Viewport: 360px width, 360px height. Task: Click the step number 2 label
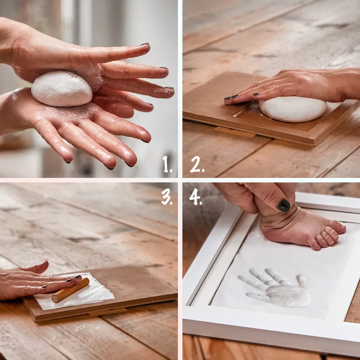[x=197, y=164]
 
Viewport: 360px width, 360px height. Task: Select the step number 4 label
[x=195, y=197]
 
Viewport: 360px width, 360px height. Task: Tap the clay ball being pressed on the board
[x=293, y=109]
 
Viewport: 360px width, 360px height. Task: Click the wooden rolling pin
[x=70, y=290]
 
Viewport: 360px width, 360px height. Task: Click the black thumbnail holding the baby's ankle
[x=284, y=205]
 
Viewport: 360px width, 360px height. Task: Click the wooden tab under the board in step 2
[x=235, y=132]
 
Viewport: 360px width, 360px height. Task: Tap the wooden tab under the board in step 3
[x=108, y=312]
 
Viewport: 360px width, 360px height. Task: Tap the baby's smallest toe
[x=315, y=246]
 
